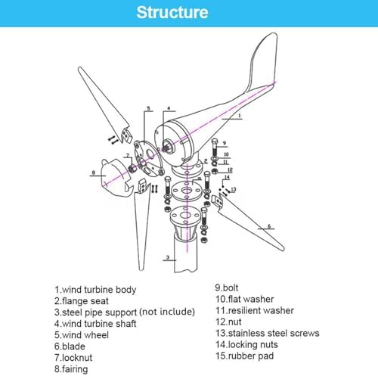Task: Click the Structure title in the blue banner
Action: point(172,12)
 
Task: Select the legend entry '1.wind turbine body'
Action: point(95,290)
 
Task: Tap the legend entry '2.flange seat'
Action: point(82,301)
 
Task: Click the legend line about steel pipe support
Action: point(125,312)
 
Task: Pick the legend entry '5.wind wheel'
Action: point(82,335)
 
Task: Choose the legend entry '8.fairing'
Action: point(71,369)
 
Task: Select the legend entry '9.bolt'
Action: point(226,287)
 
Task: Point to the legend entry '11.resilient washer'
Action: point(255,310)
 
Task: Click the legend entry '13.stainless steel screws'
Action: point(267,333)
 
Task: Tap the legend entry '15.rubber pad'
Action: point(244,356)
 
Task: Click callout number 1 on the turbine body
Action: point(240,116)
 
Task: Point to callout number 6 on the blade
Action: point(269,226)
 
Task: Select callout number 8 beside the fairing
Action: point(94,172)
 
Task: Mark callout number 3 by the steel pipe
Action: point(168,257)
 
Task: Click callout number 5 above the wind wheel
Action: point(148,108)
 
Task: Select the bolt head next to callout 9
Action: point(215,141)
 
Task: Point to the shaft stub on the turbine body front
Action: point(168,146)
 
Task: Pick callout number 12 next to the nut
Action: point(230,170)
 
